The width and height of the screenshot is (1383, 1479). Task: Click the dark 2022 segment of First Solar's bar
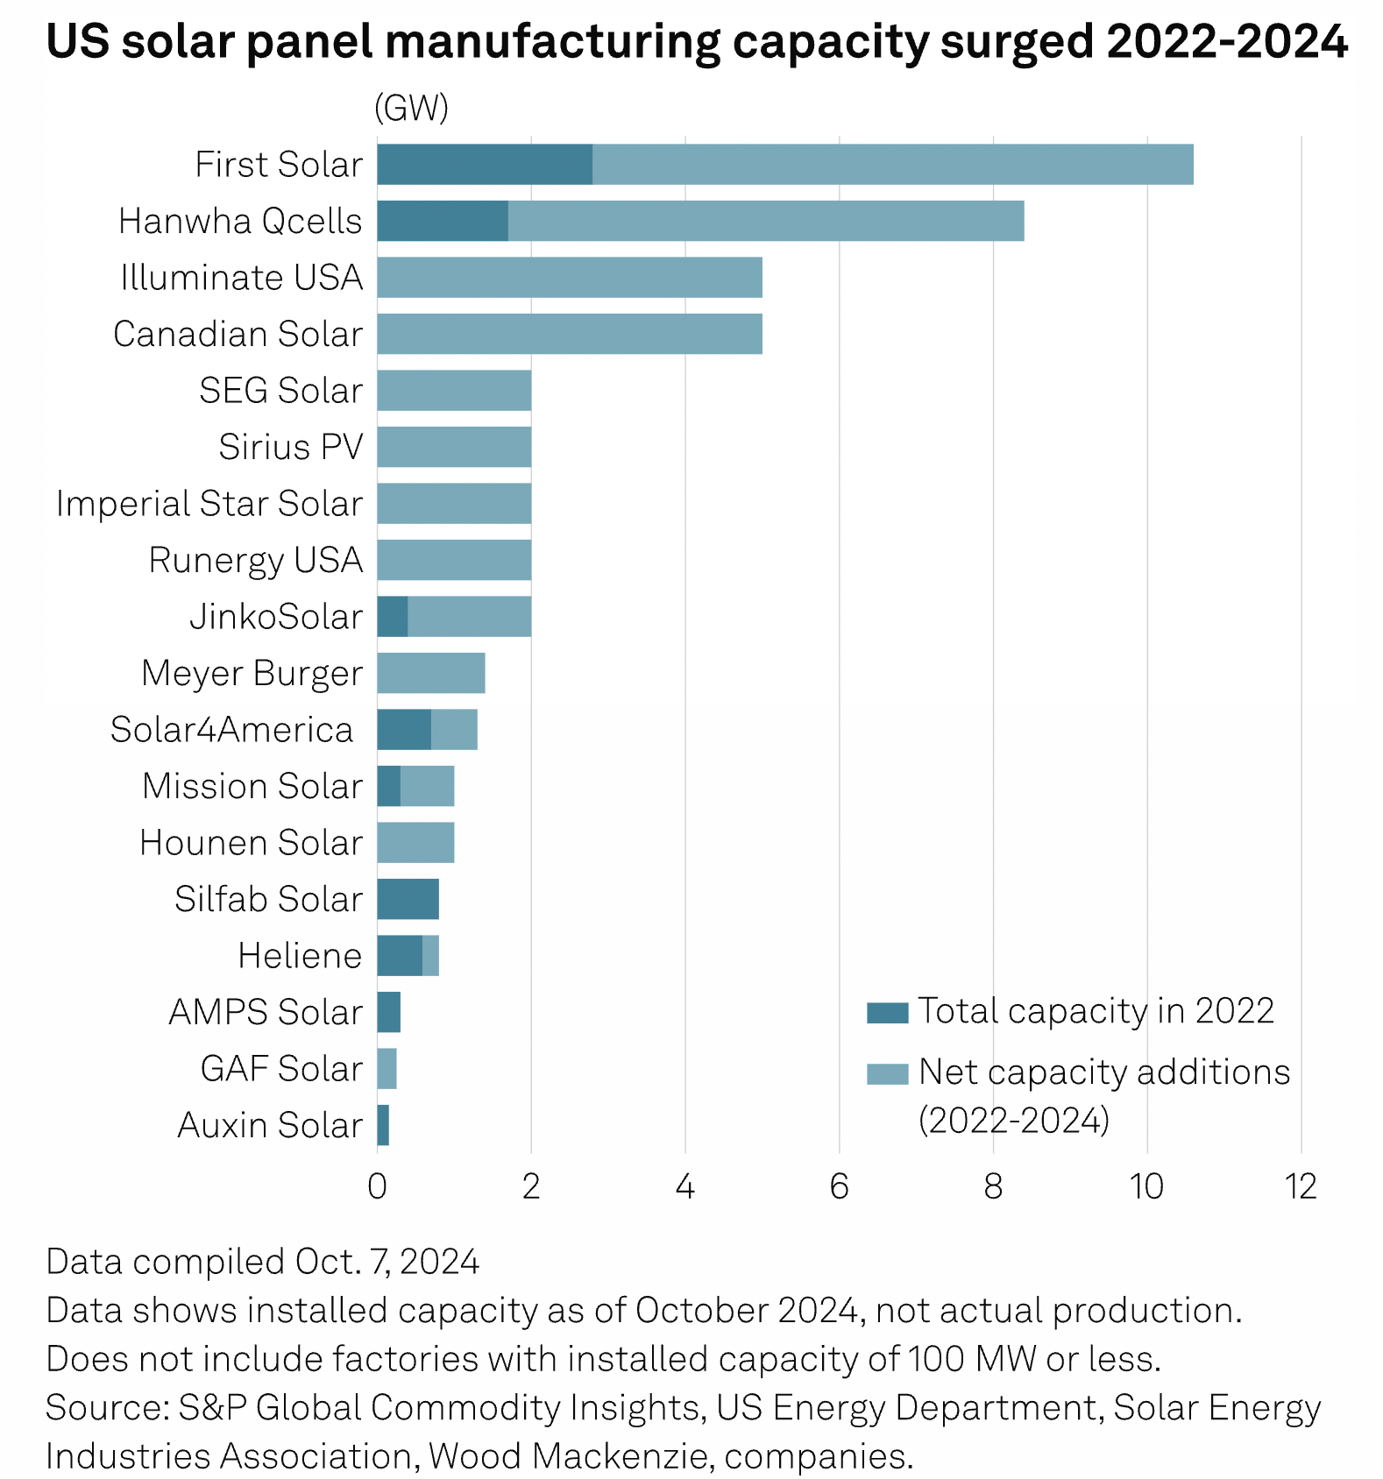[x=485, y=165]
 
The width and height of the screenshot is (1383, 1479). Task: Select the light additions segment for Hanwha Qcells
[x=765, y=221]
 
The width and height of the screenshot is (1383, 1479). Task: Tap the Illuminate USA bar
[x=570, y=278]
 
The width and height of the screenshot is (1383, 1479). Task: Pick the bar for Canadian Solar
[x=570, y=334]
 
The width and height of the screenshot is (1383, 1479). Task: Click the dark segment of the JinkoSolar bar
[x=393, y=617]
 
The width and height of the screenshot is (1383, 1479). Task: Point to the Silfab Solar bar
[x=408, y=899]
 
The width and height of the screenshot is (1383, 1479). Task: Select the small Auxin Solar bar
[x=383, y=1125]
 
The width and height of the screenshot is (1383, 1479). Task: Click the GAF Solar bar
[x=387, y=1069]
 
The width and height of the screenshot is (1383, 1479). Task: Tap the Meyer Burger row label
[x=252, y=673]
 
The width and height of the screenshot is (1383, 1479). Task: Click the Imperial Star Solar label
[x=209, y=504]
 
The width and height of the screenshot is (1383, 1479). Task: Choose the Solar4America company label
[x=231, y=730]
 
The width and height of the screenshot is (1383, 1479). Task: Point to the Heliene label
[x=300, y=956]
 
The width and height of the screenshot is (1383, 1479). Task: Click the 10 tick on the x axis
[x=1146, y=1187]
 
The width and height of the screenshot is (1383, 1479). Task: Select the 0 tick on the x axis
[x=377, y=1187]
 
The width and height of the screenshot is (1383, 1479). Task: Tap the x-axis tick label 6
[x=839, y=1187]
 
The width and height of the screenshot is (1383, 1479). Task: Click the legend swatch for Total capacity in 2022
[x=887, y=1013]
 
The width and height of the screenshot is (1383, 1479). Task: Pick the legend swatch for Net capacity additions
[x=887, y=1073]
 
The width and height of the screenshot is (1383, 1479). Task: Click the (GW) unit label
[x=411, y=108]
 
